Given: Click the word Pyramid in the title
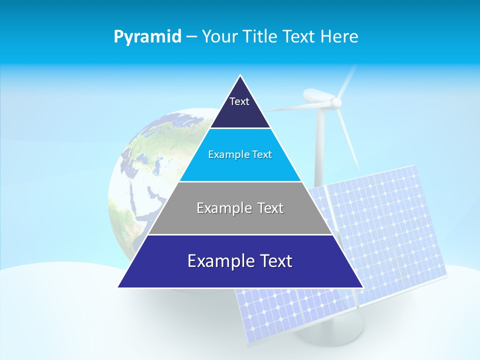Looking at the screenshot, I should pyautogui.click(x=147, y=37).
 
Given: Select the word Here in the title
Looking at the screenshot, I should pyautogui.click(x=339, y=37).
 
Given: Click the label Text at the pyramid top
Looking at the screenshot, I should pyautogui.click(x=239, y=101).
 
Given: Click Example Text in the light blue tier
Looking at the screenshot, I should pyautogui.click(x=240, y=154).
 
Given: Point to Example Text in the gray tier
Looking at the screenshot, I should pyautogui.click(x=240, y=208).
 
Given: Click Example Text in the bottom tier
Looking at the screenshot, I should pyautogui.click(x=240, y=261).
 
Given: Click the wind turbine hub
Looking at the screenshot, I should pyautogui.click(x=336, y=103).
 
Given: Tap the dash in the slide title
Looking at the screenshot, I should pyautogui.click(x=191, y=37).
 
